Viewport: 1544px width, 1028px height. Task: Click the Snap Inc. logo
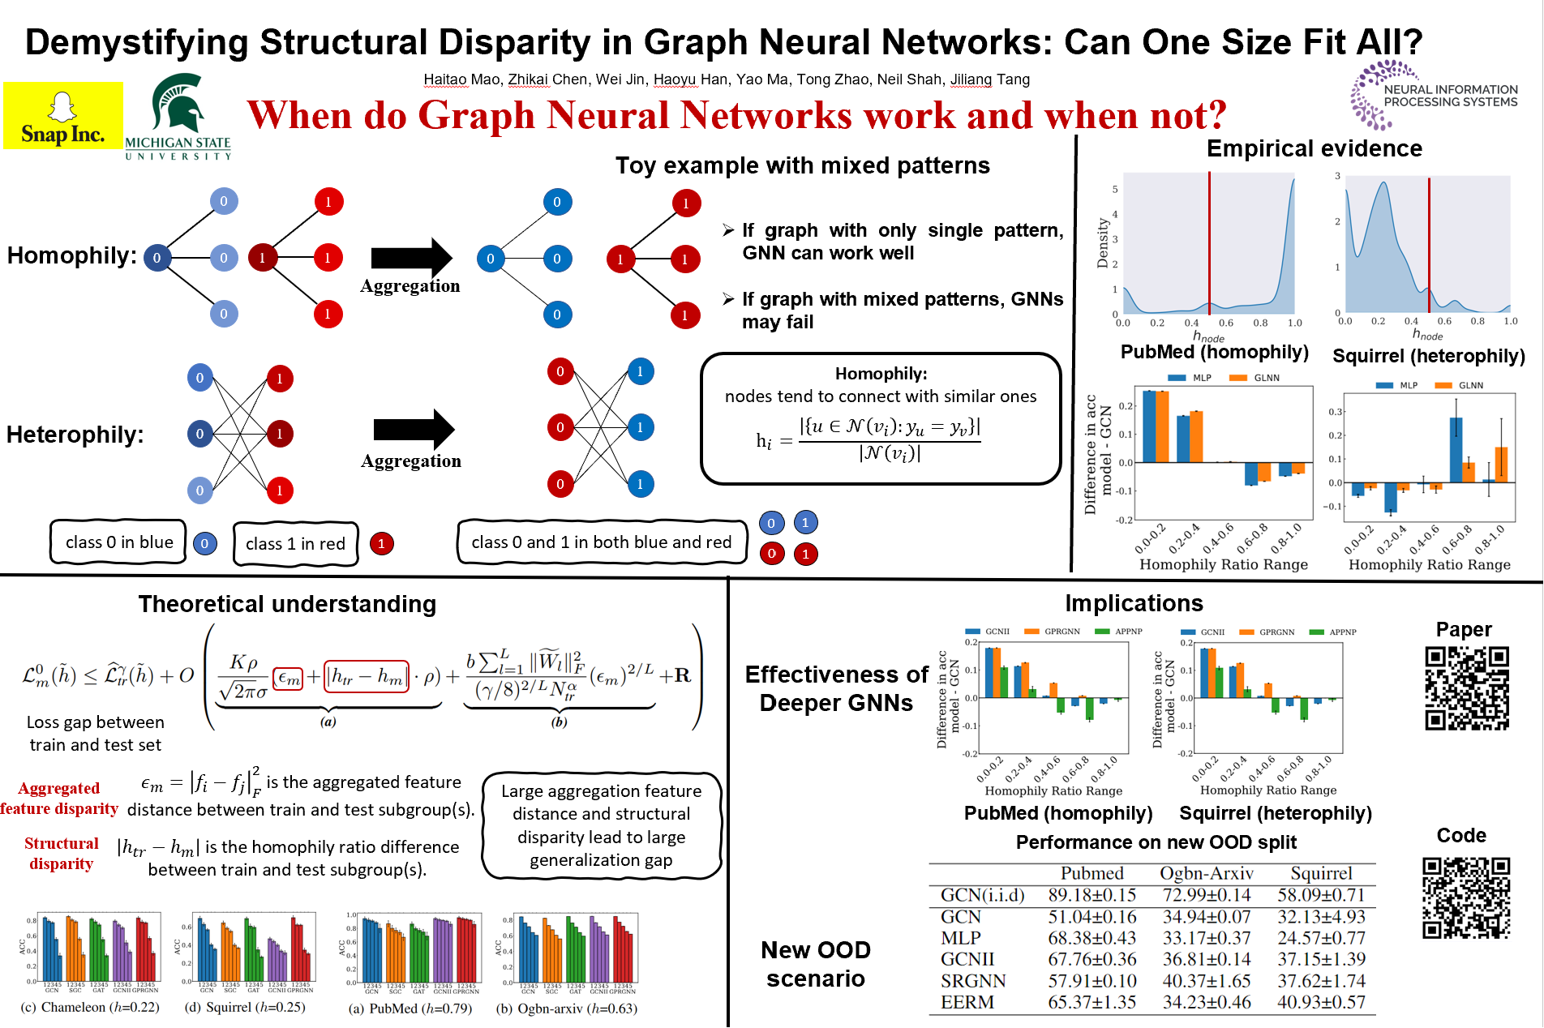63,115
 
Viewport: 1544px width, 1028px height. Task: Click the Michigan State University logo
178,116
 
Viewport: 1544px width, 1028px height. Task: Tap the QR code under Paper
1467,688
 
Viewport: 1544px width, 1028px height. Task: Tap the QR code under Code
1466,897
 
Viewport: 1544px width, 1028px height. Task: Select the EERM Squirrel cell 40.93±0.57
1321,1002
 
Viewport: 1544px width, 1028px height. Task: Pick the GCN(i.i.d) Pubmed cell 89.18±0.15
1092,895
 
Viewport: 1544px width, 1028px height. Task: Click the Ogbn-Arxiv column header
1206,873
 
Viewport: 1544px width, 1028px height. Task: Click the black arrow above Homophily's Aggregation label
411,258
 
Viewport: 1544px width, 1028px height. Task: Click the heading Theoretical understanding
287,604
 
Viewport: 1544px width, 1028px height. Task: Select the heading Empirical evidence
1314,148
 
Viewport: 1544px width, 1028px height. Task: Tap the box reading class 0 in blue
119,542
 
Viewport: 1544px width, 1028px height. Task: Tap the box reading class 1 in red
295,544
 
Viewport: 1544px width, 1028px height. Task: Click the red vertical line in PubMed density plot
1209,243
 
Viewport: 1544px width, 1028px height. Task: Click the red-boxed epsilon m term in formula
289,678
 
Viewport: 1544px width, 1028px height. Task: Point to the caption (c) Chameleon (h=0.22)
89,1008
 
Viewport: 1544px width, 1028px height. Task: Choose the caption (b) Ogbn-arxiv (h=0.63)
566,1009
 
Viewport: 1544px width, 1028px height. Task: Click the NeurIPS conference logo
1433,96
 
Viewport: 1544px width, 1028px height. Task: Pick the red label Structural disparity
62,854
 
